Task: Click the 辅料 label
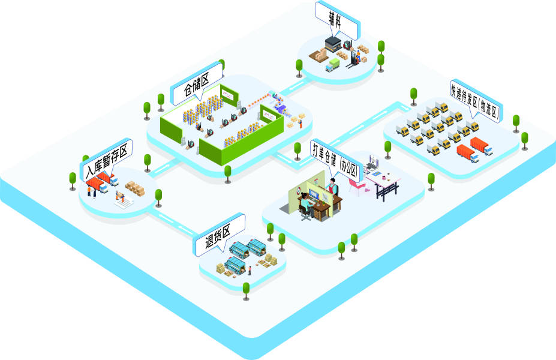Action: tap(336, 19)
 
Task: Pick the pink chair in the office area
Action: tap(356, 188)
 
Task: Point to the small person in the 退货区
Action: tap(250, 270)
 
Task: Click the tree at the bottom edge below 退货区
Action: tap(246, 290)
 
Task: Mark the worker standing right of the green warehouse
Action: tap(301, 124)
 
